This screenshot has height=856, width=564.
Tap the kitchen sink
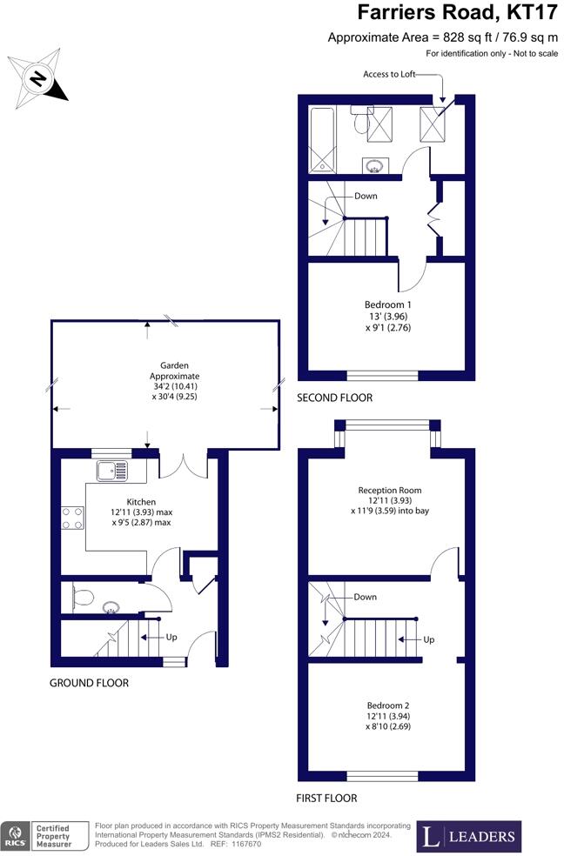[112, 471]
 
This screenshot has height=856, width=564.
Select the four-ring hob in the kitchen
[72, 518]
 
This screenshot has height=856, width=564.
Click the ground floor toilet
[82, 597]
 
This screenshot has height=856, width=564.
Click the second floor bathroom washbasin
[375, 165]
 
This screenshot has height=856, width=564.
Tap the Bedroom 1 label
[388, 304]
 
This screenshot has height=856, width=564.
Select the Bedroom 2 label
[388, 706]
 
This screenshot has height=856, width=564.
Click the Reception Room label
[390, 491]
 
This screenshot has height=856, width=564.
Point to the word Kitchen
[141, 502]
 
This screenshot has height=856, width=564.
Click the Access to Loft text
[389, 74]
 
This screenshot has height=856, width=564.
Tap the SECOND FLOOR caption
[335, 398]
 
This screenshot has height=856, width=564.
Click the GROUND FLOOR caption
[89, 683]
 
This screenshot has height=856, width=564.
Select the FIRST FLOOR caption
[326, 798]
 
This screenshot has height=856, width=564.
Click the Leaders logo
[469, 836]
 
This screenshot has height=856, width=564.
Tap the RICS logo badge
[44, 836]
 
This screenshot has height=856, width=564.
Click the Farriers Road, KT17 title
[458, 12]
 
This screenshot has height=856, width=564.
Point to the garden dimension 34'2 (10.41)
[174, 386]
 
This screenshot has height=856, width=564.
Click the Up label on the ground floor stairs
[171, 637]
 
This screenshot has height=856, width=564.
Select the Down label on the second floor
[366, 196]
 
